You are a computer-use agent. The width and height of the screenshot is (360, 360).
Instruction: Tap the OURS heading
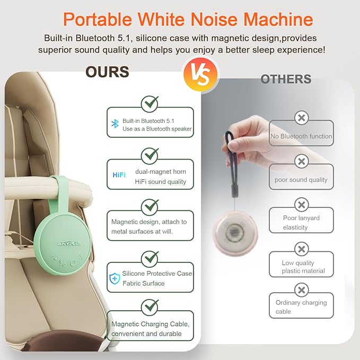click(107, 72)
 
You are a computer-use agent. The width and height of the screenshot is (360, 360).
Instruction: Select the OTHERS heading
click(286, 80)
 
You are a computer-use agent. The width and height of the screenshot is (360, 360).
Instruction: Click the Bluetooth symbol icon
click(114, 124)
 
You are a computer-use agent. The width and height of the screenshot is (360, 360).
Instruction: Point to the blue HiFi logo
click(119, 174)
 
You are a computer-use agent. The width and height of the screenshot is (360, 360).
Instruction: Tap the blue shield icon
click(115, 278)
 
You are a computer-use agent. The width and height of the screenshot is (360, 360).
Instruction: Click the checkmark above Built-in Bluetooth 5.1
click(150, 103)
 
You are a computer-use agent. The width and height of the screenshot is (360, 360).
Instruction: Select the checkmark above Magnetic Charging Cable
click(150, 306)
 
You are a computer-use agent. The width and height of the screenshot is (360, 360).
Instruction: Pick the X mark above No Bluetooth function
click(301, 118)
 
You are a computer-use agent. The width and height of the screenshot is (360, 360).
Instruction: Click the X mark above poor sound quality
click(301, 161)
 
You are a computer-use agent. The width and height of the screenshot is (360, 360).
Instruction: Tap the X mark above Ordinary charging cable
click(301, 290)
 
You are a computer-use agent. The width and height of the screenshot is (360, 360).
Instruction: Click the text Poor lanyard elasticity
click(301, 223)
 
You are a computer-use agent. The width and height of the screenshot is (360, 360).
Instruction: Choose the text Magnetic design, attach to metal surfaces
click(149, 226)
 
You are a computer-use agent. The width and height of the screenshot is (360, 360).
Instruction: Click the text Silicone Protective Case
click(157, 274)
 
